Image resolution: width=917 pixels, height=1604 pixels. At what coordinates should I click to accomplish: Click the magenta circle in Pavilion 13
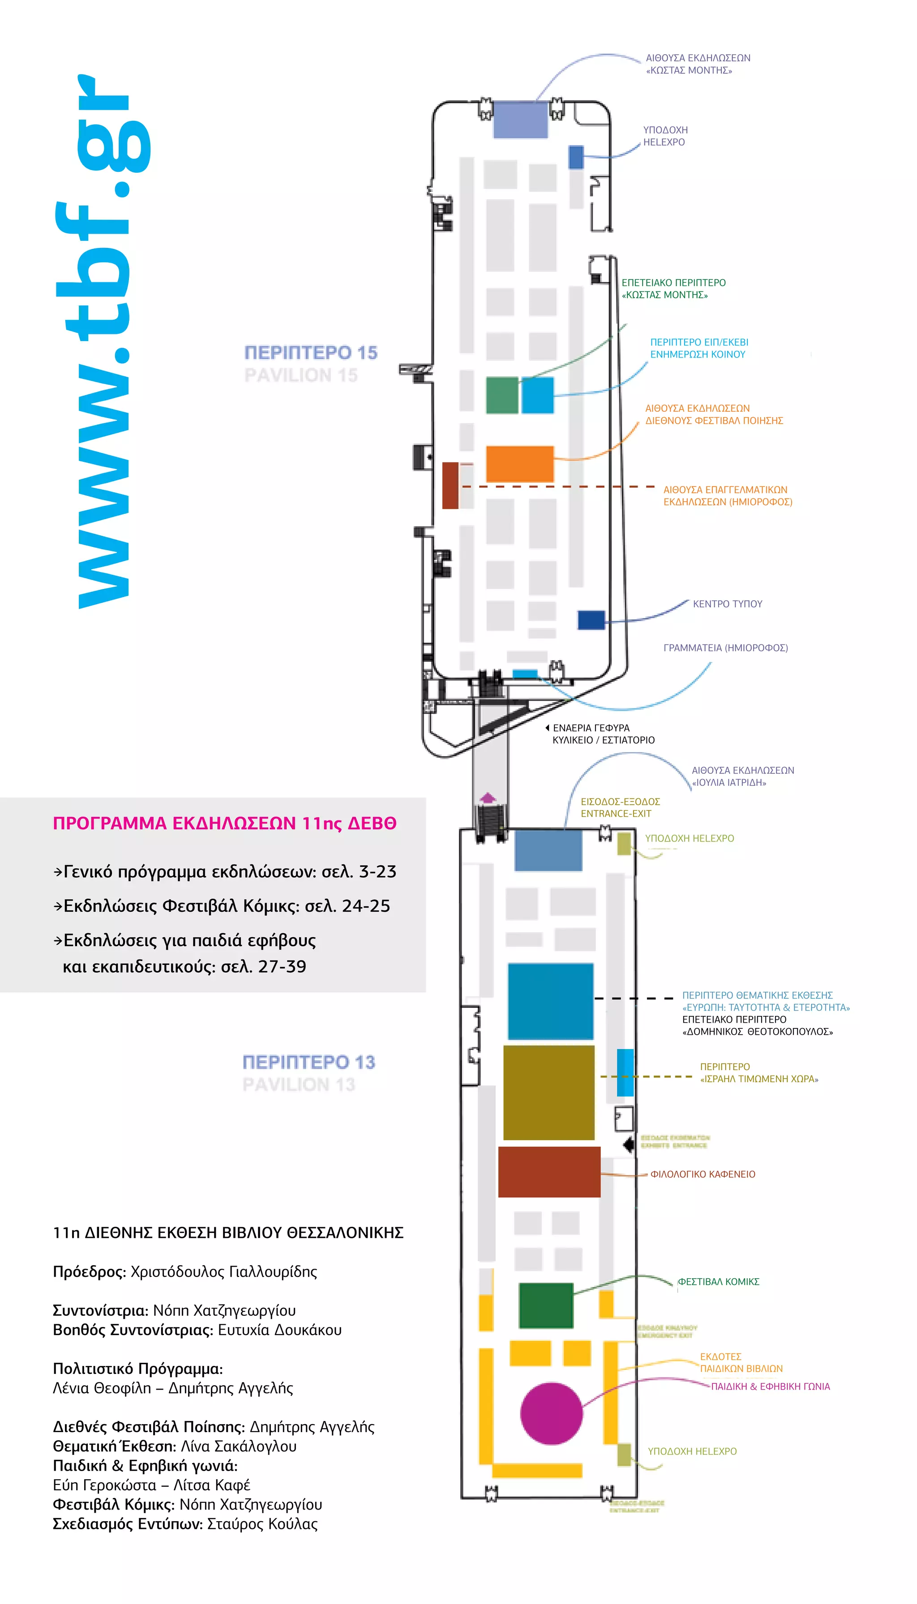551,1413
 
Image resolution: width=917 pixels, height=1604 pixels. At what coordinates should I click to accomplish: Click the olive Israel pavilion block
548,1092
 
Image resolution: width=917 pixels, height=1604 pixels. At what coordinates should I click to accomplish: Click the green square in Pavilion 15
502,395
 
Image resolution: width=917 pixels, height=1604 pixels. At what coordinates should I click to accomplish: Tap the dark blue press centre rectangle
591,620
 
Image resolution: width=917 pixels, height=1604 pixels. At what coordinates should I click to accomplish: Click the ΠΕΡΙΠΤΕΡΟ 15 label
310,353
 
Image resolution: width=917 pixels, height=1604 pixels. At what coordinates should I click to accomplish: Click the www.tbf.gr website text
104,340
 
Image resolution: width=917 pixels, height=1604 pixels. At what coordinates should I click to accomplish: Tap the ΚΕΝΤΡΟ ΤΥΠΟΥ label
728,604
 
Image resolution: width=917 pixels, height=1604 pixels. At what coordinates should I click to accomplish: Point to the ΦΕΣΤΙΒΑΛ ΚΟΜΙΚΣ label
719,1282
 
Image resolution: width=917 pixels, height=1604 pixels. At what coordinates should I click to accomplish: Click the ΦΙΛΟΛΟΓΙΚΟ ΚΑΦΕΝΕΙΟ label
703,1174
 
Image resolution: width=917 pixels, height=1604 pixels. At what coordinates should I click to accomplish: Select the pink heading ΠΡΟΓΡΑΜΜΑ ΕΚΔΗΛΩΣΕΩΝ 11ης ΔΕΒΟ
224,823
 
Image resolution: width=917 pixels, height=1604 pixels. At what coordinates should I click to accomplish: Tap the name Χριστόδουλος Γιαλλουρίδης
223,1271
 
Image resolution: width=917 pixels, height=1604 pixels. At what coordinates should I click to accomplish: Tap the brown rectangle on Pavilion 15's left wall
450,485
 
